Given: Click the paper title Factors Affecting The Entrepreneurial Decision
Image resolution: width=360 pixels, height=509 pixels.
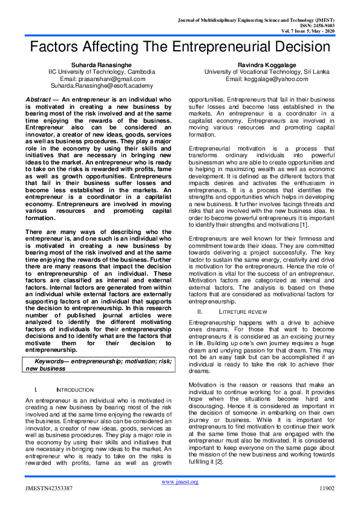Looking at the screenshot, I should point(180,48).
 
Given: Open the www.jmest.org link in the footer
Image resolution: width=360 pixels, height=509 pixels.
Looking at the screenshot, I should point(180,482).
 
